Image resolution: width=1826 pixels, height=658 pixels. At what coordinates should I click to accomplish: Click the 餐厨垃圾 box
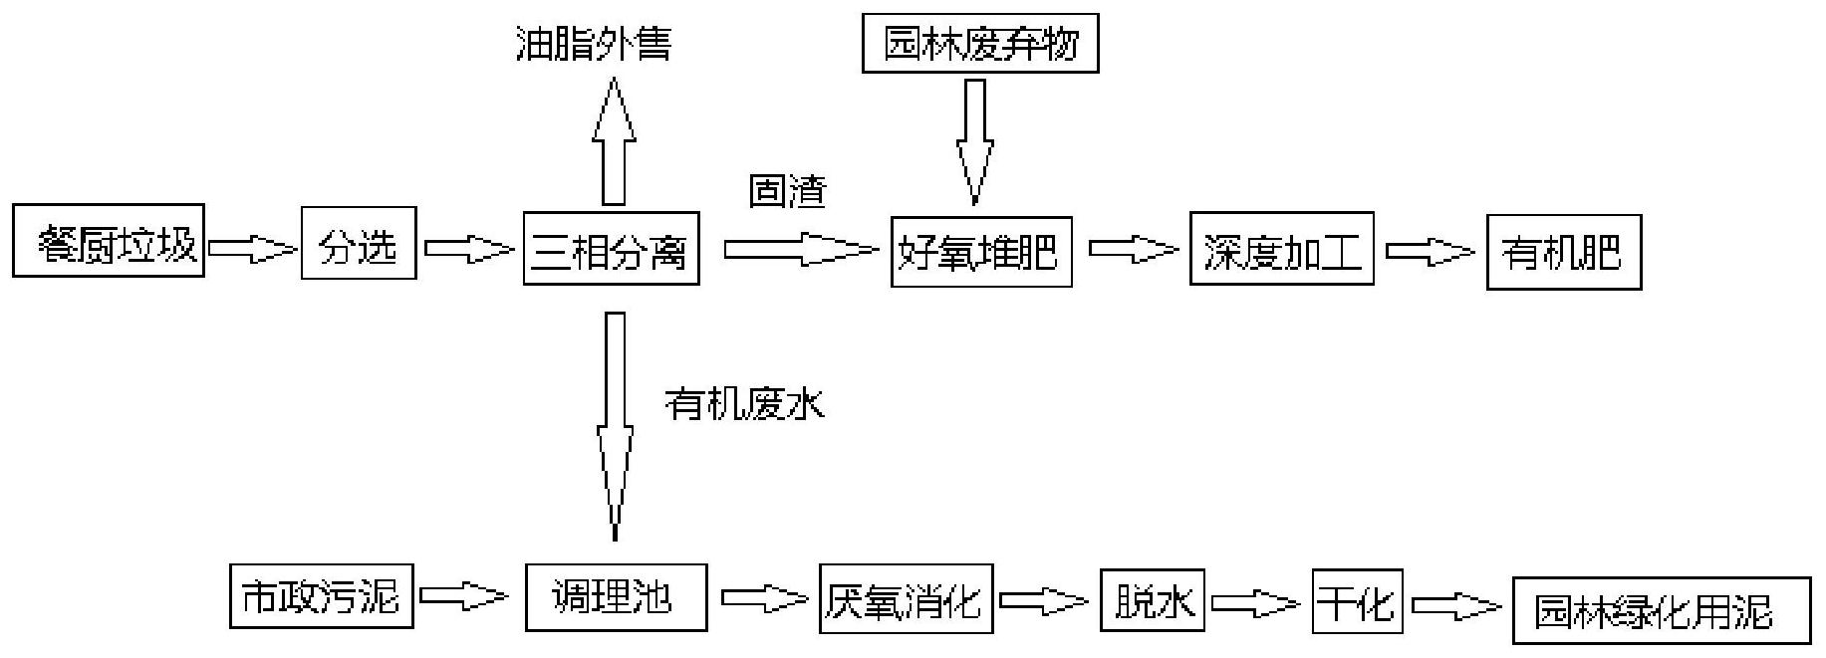(109, 241)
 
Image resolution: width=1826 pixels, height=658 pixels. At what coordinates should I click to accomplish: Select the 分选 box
(359, 244)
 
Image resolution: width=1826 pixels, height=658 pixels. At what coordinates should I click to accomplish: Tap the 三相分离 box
(611, 248)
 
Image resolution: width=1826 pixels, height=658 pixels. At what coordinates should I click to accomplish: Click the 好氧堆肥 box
(981, 251)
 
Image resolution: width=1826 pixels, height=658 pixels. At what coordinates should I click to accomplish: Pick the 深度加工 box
(1281, 249)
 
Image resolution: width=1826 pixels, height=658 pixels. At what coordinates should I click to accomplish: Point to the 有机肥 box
(1563, 253)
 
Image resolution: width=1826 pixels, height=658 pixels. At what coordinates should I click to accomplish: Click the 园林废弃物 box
(980, 44)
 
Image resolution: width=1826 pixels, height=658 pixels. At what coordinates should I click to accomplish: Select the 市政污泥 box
(321, 595)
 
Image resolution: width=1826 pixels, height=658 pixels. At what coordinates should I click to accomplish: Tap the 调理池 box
(616, 597)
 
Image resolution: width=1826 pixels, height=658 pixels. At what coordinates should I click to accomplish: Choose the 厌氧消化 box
(906, 598)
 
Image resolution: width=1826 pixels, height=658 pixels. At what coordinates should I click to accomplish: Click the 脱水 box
(1152, 600)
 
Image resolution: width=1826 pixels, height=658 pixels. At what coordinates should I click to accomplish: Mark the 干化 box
(1357, 600)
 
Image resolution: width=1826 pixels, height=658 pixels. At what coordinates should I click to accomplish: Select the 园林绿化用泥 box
(1660, 610)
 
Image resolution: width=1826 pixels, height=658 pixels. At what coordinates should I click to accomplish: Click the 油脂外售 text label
(594, 43)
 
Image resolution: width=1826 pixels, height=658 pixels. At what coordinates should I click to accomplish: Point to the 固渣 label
(788, 190)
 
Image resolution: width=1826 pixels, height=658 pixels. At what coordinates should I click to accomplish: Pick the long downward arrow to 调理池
(615, 423)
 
